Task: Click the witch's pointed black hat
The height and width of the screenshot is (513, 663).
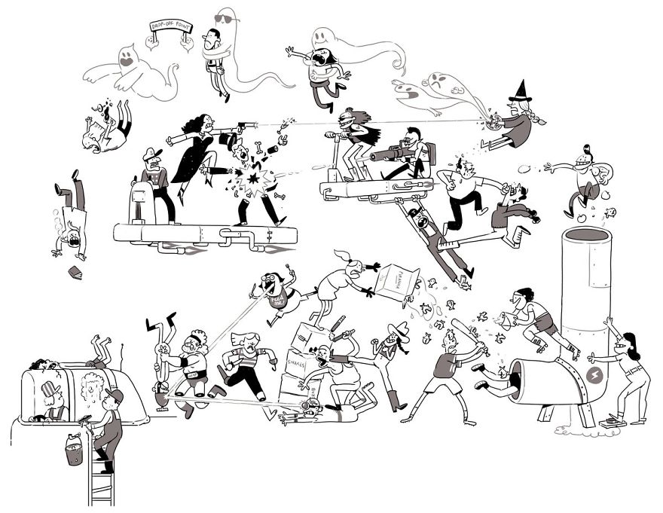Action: pos(521,93)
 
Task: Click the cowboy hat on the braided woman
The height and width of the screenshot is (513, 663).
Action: pos(398,330)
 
